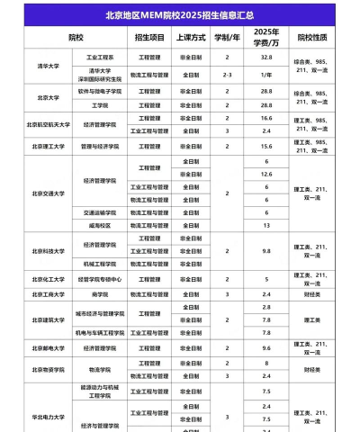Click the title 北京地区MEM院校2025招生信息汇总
[x=180, y=15]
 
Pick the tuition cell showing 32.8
[x=266, y=56]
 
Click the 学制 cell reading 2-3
[x=227, y=73]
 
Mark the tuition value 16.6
[x=266, y=118]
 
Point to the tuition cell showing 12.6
[x=266, y=174]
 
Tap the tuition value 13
[x=266, y=225]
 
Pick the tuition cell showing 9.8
[x=266, y=251]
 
